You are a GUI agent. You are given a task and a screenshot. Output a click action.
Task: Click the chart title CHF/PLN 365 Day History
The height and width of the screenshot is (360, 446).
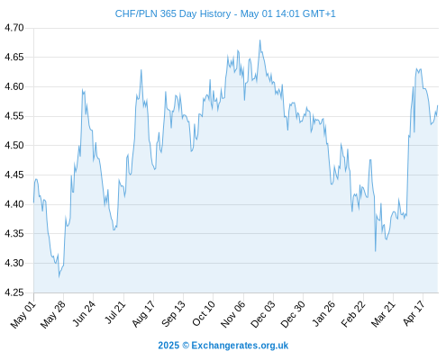pos(173,13)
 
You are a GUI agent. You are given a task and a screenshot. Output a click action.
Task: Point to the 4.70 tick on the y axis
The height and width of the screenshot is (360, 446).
pos(14,28)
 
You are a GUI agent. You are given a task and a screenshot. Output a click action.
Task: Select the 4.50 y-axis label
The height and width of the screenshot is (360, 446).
pos(14,146)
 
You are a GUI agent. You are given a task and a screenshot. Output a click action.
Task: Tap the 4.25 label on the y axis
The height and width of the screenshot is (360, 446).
pos(14,292)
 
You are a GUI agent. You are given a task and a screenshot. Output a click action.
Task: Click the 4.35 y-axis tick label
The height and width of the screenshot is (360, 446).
pos(14,234)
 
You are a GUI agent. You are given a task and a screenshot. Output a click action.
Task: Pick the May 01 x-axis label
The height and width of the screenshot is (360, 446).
pos(23,315)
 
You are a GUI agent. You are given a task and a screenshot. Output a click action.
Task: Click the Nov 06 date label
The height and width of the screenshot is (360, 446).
pos(233,314)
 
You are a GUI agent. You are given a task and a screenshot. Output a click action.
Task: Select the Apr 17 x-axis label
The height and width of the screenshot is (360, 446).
pos(414,313)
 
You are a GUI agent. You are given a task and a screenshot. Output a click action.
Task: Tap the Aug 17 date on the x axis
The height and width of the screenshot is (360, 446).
pos(143,314)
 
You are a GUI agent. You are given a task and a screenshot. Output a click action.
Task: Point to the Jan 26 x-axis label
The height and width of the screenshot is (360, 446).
pos(323,314)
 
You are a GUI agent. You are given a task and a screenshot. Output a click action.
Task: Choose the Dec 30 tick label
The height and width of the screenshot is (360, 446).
pos(293,314)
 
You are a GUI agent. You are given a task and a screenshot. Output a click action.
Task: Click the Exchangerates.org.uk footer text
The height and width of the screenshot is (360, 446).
pos(240,346)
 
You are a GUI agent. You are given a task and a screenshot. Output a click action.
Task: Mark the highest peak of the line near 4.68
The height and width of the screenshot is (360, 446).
pos(259,40)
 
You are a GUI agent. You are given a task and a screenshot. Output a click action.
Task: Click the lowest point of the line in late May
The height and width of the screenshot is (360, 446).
pos(59,276)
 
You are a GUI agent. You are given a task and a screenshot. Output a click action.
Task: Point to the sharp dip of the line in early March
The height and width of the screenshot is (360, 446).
pos(376,251)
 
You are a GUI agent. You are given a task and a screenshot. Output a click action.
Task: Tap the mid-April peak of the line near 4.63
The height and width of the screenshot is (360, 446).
pos(417,68)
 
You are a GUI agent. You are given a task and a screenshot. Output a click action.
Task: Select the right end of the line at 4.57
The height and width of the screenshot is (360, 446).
pos(438,105)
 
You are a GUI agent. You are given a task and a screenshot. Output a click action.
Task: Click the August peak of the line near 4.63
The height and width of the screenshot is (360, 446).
pos(141,70)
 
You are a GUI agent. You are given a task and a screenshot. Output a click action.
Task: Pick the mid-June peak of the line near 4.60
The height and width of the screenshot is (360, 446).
pos(82,89)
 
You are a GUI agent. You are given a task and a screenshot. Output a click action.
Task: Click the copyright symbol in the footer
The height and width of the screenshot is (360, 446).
pos(186,346)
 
